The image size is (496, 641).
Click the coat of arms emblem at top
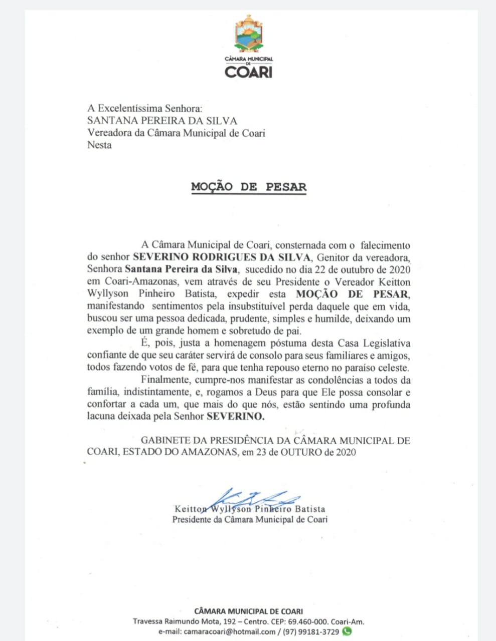(248, 34)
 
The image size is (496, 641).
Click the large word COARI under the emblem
(248, 72)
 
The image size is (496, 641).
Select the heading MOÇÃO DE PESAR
(248, 187)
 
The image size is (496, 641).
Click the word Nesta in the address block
(99, 145)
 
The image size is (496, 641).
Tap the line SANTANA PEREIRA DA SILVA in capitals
(162, 121)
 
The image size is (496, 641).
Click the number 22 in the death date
(330, 269)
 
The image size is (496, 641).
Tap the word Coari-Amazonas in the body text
(138, 282)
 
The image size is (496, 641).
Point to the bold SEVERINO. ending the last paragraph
(235, 416)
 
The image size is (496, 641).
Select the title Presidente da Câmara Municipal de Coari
(249, 519)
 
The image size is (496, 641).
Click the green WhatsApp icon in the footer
(346, 631)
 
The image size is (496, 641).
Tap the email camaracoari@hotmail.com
(230, 632)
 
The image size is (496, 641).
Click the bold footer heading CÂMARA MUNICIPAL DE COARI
(248, 611)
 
